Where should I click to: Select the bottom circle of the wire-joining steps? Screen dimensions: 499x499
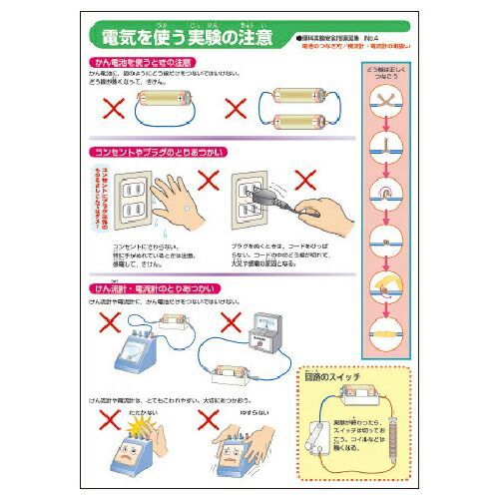384,334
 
